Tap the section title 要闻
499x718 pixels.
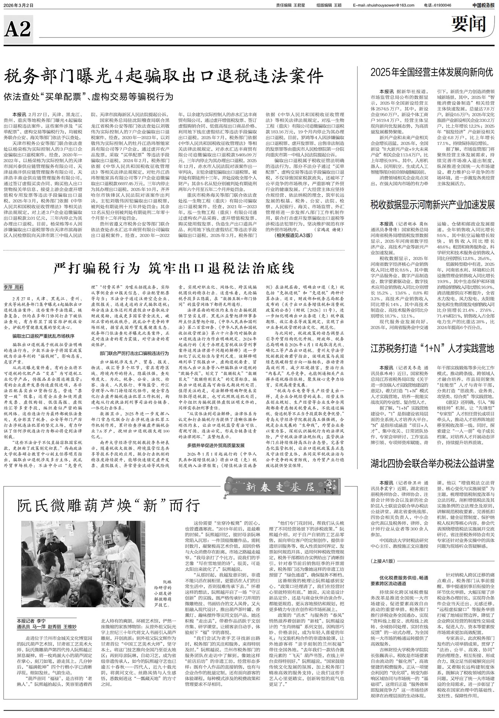pyautogui.click(x=469, y=25)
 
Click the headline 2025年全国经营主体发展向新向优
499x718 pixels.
pyautogui.click(x=432, y=72)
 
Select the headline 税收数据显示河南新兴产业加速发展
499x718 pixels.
pyautogui.click(x=432, y=205)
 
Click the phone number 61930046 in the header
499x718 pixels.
pyautogui.click(x=442, y=5)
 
